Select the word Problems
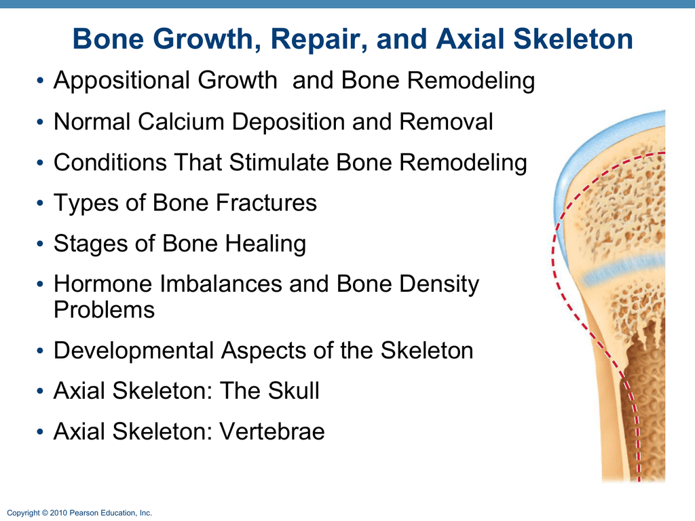(x=104, y=310)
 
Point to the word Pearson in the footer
(x=82, y=514)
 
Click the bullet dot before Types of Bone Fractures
(x=41, y=204)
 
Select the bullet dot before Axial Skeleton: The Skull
(x=41, y=391)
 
